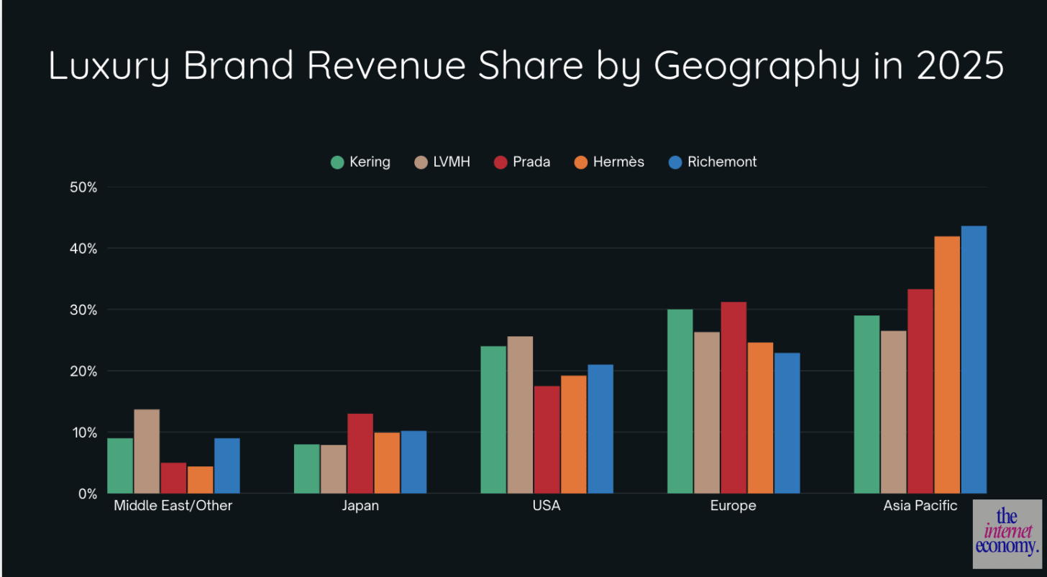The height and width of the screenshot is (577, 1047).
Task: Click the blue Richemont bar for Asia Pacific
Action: (974, 359)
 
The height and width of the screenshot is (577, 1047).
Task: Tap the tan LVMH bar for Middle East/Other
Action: (147, 451)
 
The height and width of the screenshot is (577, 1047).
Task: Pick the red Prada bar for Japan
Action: (360, 453)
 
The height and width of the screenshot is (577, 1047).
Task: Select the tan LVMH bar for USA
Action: (520, 415)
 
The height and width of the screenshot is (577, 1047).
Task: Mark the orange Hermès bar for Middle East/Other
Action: (201, 479)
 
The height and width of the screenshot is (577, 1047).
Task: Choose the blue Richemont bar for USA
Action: (600, 429)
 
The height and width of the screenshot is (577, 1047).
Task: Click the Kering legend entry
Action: (360, 162)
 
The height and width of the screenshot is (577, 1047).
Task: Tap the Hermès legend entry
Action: (608, 162)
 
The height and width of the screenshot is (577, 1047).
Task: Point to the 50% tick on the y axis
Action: (82, 188)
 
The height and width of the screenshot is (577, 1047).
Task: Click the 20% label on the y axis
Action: (82, 371)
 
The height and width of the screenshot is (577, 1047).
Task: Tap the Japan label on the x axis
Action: (360, 506)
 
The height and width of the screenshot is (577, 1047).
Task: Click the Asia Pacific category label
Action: (920, 506)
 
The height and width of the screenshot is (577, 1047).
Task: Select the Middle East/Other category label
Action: (173, 506)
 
